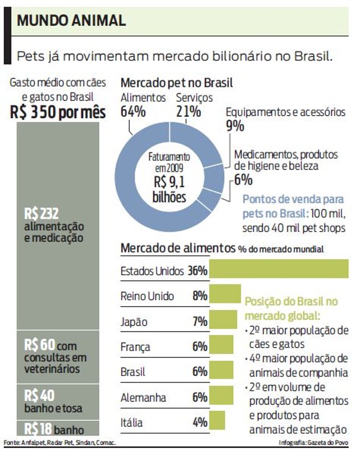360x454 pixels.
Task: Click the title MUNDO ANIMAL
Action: click(x=71, y=21)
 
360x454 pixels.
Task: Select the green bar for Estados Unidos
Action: click(x=279, y=270)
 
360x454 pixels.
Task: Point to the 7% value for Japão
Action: click(x=200, y=321)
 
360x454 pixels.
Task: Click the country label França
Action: click(x=135, y=347)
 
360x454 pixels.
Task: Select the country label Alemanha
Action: click(x=143, y=397)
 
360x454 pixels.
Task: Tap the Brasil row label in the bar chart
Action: click(x=133, y=372)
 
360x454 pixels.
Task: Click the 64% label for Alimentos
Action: click(x=133, y=111)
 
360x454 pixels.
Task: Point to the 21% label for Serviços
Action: click(x=188, y=111)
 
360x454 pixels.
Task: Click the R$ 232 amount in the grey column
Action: click(x=41, y=212)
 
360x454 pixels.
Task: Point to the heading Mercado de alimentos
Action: click(x=178, y=248)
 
